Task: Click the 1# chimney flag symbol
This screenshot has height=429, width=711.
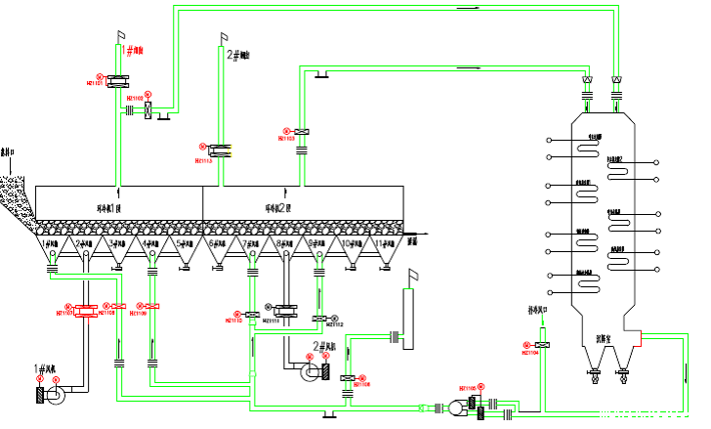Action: pos(122,36)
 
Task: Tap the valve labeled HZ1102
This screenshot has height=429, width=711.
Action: pos(148,110)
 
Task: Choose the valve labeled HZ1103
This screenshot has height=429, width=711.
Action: pos(302,131)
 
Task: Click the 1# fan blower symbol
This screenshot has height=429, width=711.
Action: pos(55,395)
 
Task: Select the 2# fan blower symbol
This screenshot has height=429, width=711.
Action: pos(314,368)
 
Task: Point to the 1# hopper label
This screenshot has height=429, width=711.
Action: pos(53,242)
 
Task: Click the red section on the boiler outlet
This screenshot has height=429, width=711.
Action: pos(637,338)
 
